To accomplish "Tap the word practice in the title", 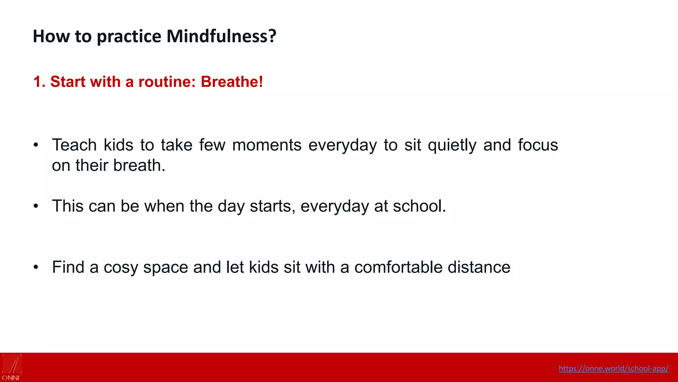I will [x=129, y=36].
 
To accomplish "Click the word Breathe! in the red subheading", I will [x=232, y=82].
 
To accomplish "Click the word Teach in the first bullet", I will [x=74, y=145].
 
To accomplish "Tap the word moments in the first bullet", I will [x=267, y=145].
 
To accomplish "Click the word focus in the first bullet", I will [x=538, y=145].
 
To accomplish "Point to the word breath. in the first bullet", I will [x=139, y=165].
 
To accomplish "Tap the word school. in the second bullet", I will [x=419, y=206].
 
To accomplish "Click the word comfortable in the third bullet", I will [x=398, y=267].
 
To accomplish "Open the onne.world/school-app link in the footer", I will [x=613, y=368].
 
